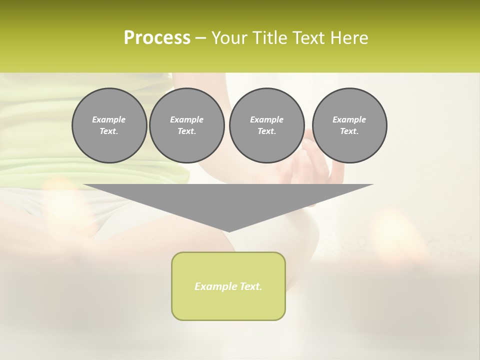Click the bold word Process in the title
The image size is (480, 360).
(157, 38)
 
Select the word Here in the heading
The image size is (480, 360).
(350, 38)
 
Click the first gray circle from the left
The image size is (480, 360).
(109, 125)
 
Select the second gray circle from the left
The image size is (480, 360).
(187, 125)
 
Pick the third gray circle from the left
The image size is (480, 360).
(267, 125)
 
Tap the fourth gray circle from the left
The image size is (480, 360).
(349, 125)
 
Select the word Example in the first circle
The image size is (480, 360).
(109, 119)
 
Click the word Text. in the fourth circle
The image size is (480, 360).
(349, 131)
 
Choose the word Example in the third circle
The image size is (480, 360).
(267, 119)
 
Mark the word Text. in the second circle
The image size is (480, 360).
(187, 131)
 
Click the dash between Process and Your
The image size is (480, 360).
(200, 38)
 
